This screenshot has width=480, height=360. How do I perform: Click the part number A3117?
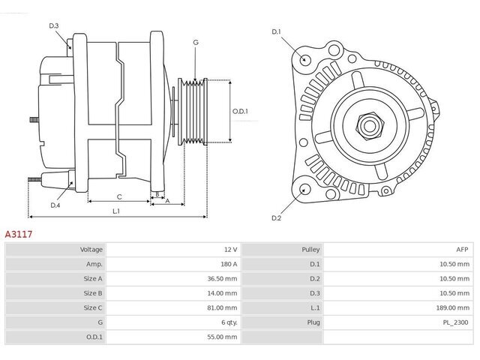18,235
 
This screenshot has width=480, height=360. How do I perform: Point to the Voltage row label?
91,250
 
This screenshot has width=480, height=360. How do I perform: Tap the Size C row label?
93,307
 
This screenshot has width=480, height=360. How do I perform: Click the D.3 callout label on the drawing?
54,26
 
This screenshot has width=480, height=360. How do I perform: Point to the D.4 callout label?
55,205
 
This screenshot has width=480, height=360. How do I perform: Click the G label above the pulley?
196,43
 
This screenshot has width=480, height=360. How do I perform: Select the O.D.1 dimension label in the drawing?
240,112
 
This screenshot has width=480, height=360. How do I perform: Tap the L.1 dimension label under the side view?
116,211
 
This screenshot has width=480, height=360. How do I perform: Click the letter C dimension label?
119,196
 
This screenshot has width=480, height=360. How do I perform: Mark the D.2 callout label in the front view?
277,218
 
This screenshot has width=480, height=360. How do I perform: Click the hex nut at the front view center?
370,125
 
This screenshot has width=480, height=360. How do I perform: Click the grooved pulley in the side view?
193,112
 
